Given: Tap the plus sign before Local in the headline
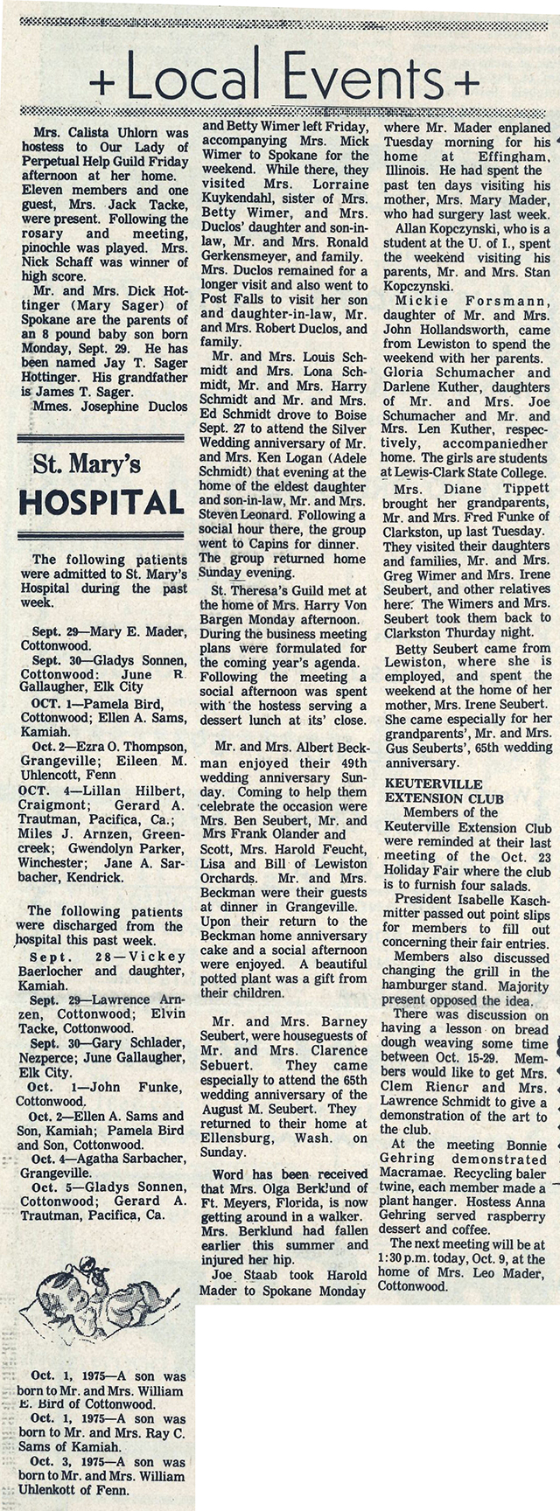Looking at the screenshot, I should pos(102,82).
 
